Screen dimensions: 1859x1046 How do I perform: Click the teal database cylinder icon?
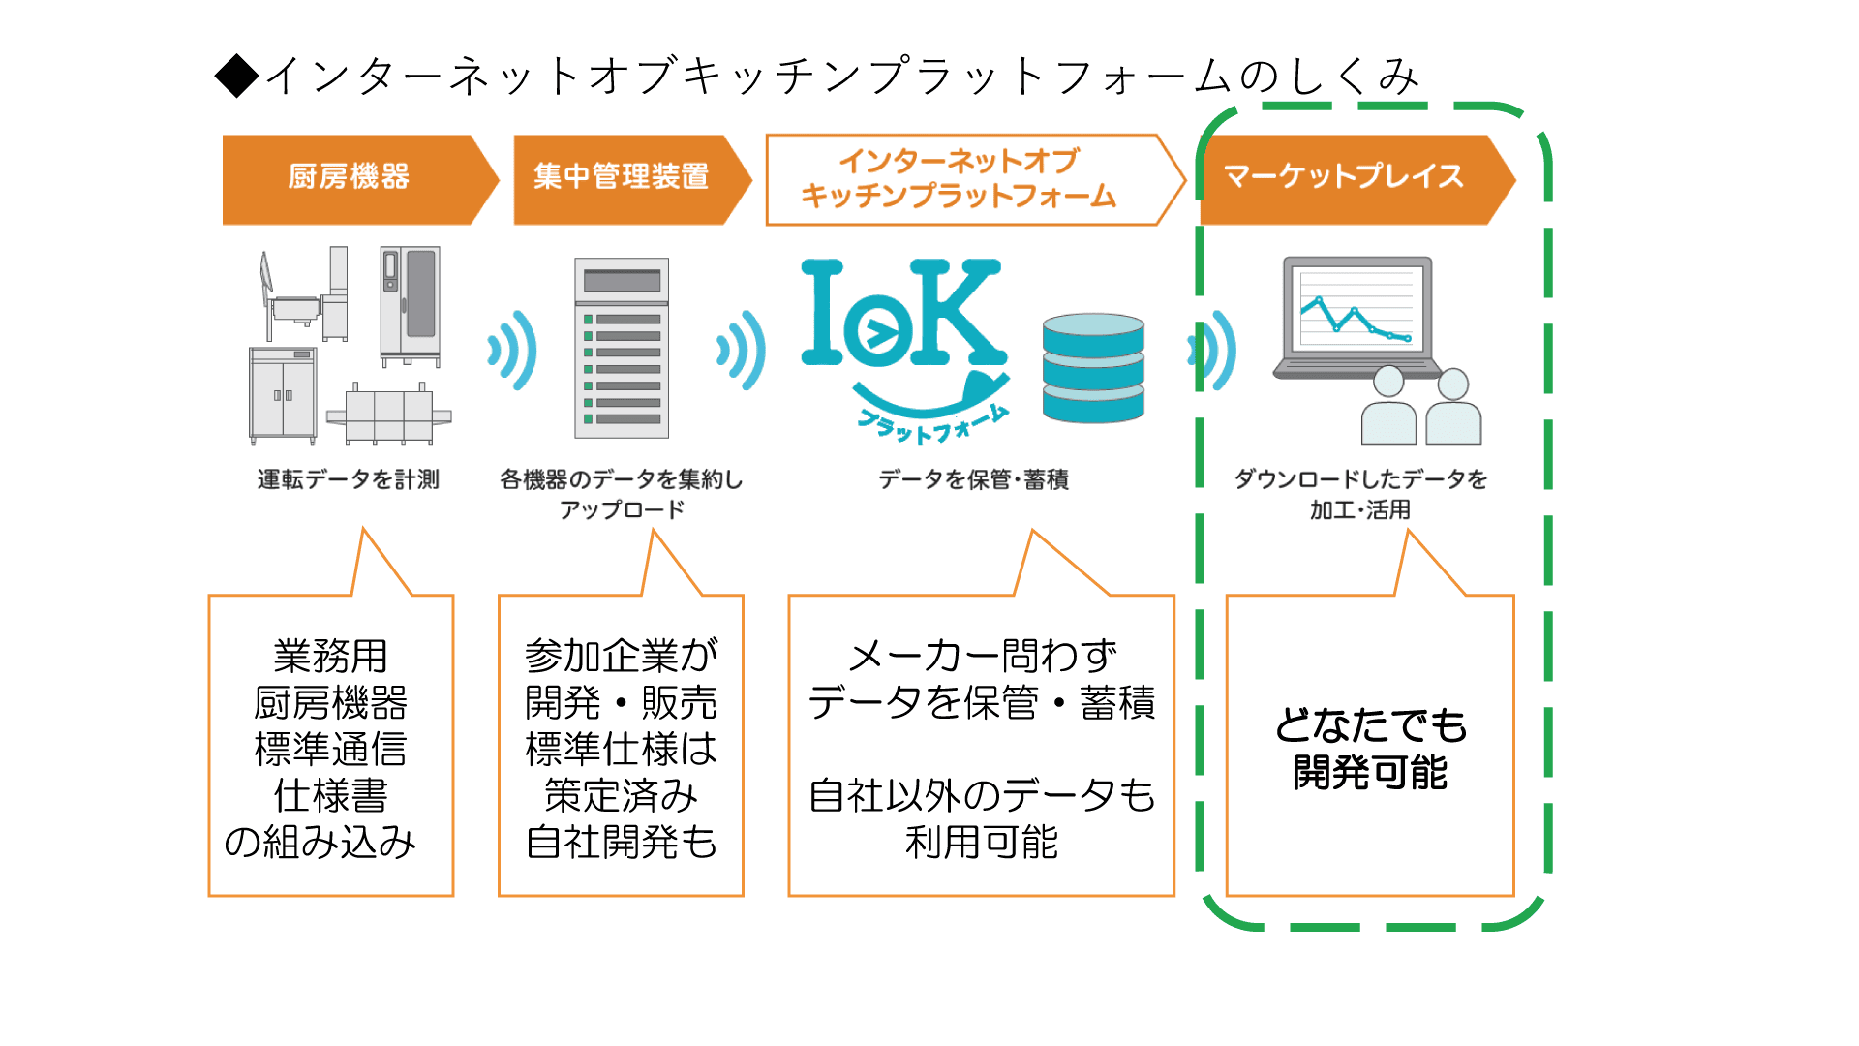tap(1093, 368)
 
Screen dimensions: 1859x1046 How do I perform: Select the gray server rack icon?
tap(622, 348)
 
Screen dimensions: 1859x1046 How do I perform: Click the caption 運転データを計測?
tap(349, 479)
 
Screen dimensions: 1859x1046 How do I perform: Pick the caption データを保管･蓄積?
tap(974, 479)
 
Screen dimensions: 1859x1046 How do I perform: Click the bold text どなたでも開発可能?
tap(1370, 749)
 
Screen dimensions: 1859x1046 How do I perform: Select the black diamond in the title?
tap(237, 76)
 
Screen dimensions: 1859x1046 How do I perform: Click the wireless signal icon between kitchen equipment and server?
tap(512, 350)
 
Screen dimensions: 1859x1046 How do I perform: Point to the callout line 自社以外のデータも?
tap(982, 795)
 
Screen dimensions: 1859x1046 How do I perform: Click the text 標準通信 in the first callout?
tap(330, 749)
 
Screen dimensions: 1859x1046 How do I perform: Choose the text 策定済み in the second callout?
tap(621, 795)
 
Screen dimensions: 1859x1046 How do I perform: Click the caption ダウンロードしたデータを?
tap(1360, 479)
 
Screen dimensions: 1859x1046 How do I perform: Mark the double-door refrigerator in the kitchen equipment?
tap(284, 395)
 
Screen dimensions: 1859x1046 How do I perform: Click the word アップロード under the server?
tap(622, 509)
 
